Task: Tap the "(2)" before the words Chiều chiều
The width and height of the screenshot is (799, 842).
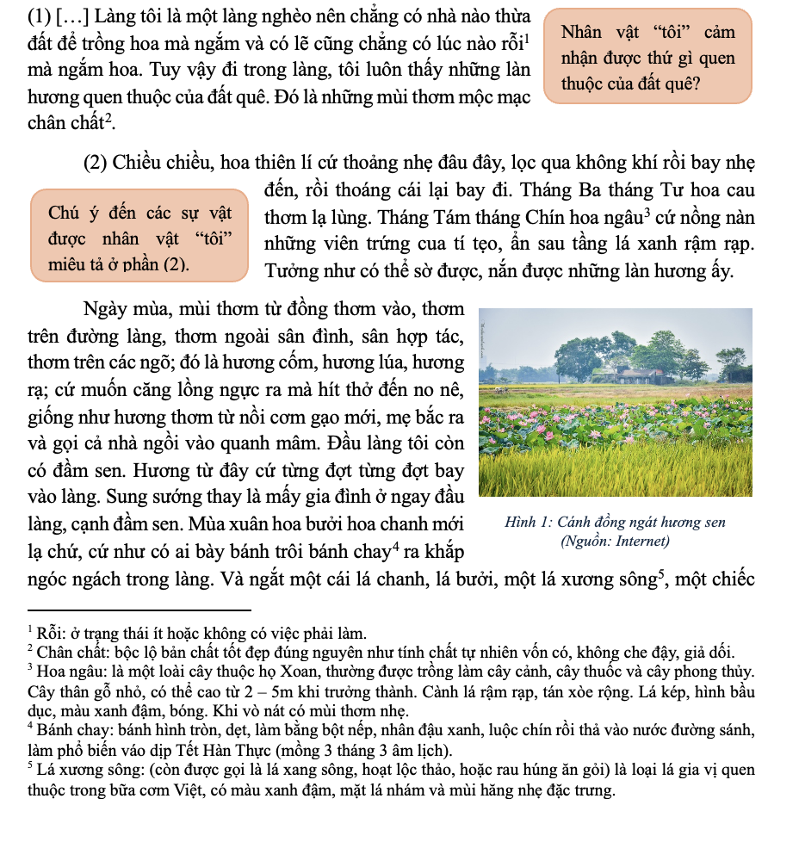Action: pos(97,163)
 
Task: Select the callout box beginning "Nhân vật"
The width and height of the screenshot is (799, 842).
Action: pos(648,58)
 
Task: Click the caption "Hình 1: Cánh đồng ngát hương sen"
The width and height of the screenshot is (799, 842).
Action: pos(616,522)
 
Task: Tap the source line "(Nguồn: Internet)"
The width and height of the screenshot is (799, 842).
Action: pos(615,542)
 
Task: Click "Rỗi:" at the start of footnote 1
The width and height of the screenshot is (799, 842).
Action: pos(51,633)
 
